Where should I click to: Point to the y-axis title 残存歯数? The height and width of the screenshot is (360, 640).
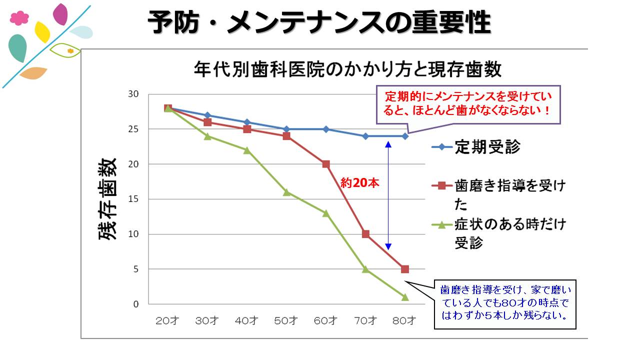click(x=108, y=199)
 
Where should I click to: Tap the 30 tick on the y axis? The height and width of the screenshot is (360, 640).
click(x=134, y=94)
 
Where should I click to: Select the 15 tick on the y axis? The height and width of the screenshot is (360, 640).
click(x=134, y=199)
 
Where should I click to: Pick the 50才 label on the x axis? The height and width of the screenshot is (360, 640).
click(x=286, y=320)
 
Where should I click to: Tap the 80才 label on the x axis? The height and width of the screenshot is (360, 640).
click(x=405, y=320)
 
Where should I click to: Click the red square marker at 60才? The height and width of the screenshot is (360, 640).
click(x=326, y=164)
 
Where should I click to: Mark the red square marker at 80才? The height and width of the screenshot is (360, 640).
click(x=405, y=269)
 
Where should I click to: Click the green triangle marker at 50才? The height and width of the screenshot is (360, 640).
click(x=286, y=192)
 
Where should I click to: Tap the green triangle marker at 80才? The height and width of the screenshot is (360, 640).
click(x=405, y=297)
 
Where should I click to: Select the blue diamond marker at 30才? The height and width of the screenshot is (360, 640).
click(x=207, y=115)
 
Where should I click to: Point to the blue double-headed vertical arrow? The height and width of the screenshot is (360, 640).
click(x=388, y=195)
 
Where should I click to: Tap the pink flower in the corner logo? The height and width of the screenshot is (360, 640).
click(x=19, y=18)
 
